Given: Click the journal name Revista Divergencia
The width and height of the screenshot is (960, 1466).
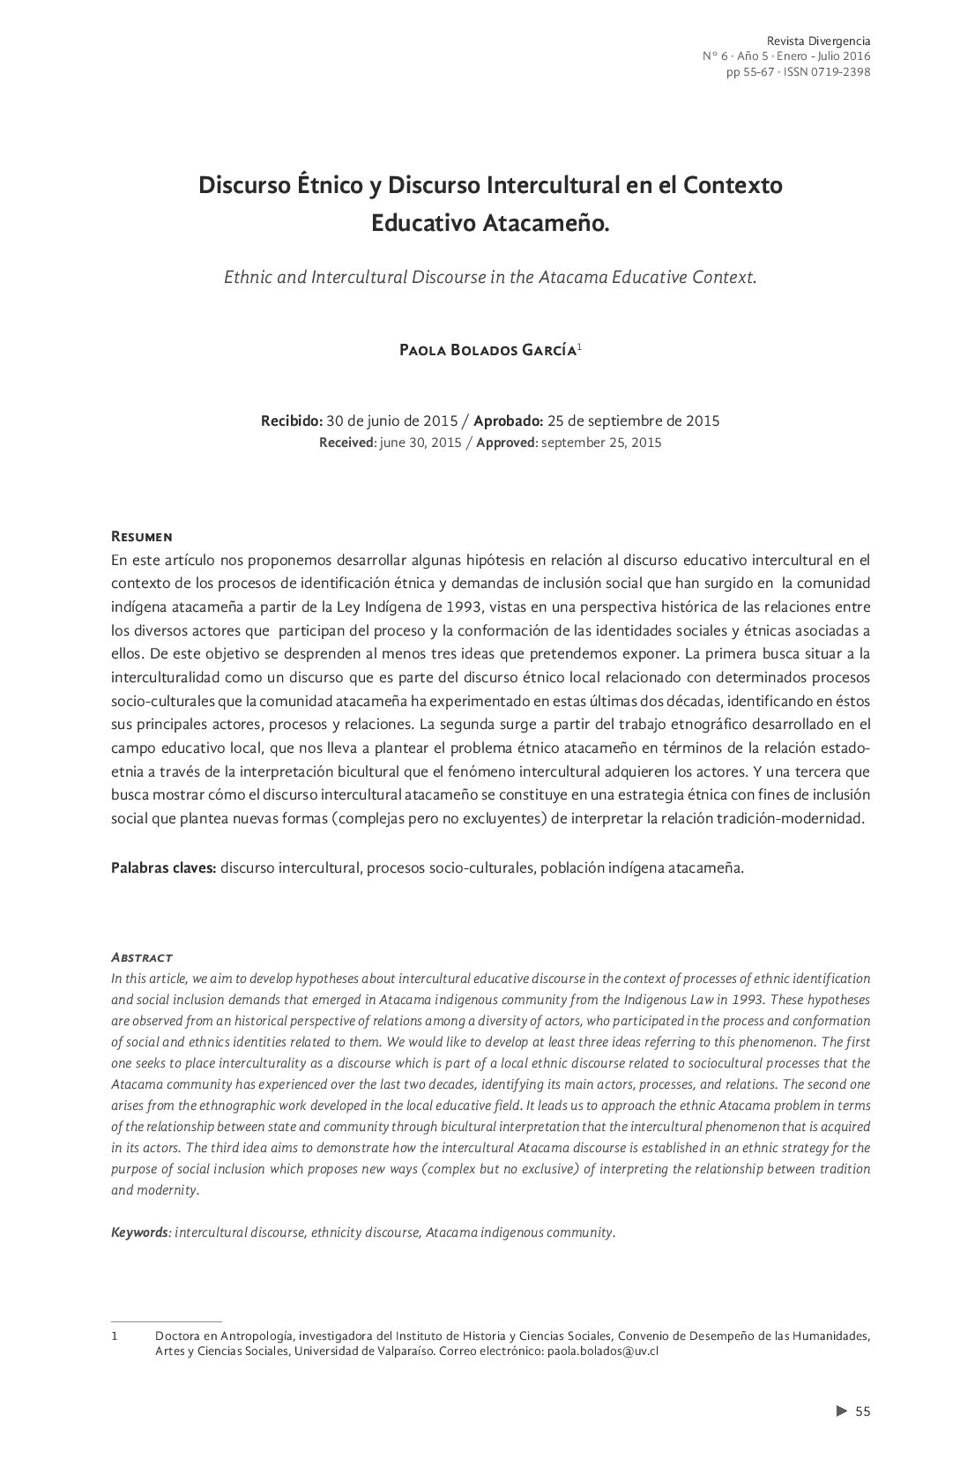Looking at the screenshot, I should coord(818,41).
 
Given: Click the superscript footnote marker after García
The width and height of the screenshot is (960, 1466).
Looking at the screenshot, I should coord(579,346).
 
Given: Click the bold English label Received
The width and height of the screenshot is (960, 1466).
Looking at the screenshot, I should coord(346,443).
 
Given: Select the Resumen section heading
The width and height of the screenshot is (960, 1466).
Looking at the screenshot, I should coord(141,537).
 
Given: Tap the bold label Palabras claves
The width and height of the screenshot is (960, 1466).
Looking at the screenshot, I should coord(163,867).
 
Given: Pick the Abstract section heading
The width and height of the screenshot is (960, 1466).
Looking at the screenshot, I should coord(141,957).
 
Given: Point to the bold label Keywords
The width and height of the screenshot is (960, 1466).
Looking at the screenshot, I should coord(139,1232).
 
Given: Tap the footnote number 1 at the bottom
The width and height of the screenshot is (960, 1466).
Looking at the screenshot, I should coord(115,1336).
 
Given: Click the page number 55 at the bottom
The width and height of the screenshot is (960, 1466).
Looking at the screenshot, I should coord(862,1412).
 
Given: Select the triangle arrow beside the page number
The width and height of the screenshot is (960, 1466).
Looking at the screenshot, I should coord(841,1411).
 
